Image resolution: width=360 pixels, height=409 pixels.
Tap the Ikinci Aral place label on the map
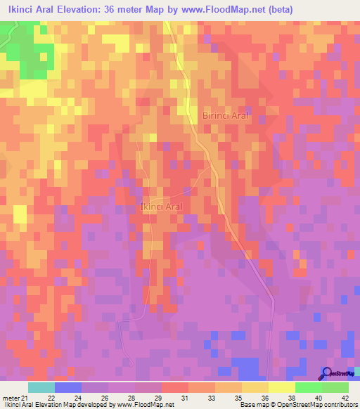pyautogui.click(x=162, y=207)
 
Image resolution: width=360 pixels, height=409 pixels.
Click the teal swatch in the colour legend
pyautogui.click(x=41, y=387)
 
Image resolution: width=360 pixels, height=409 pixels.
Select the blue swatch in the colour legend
pyautogui.click(x=67, y=387)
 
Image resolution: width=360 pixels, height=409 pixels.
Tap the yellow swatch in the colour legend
pyautogui.click(x=281, y=387)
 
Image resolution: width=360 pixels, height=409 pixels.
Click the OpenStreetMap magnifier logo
pyautogui.click(x=326, y=373)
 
